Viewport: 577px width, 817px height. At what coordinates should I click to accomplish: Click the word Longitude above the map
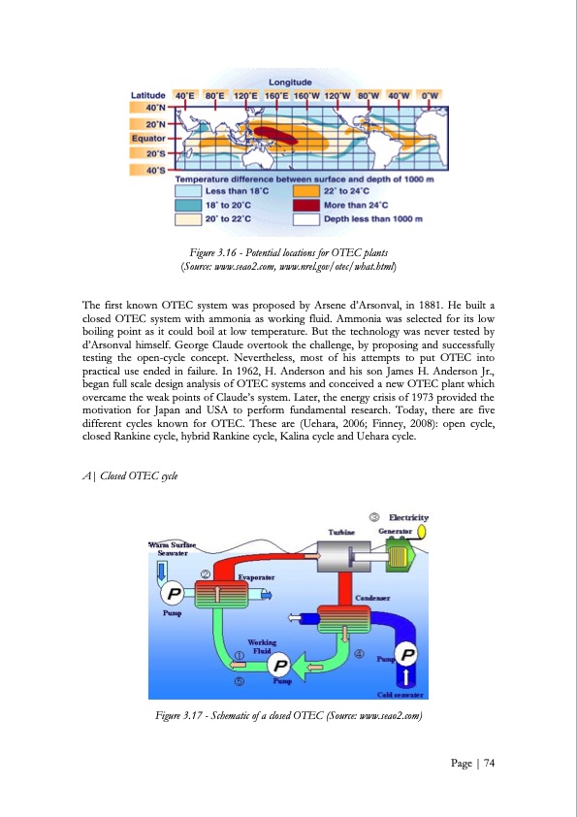coord(289,82)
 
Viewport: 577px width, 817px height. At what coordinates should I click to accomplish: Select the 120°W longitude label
coord(337,94)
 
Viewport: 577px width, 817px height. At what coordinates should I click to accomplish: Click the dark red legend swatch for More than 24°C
coord(306,205)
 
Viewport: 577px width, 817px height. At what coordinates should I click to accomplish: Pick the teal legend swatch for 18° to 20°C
coord(187,205)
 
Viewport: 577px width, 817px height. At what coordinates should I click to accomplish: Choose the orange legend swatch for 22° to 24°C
coord(306,191)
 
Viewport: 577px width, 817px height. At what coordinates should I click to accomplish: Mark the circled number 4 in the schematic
coord(360,653)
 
